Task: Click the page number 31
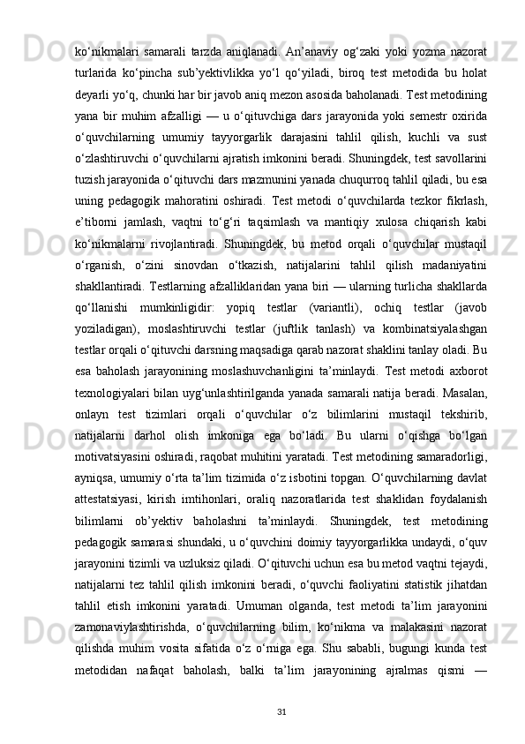(x=281, y=710)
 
